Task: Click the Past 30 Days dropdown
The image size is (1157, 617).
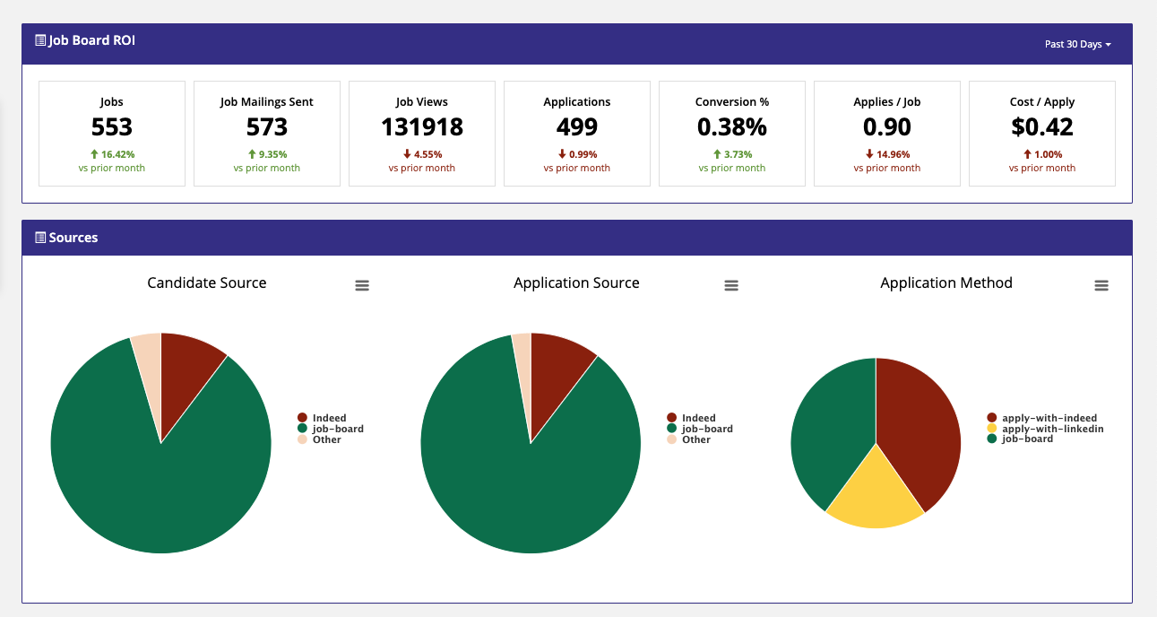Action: [1077, 45]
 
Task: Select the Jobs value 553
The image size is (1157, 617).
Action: [111, 127]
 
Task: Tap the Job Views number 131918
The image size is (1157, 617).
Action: [422, 127]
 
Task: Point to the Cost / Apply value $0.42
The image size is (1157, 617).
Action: [1041, 127]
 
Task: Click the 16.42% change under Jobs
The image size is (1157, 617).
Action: [113, 154]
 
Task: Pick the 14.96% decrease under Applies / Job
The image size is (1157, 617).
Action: [887, 154]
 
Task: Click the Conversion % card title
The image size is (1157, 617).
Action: [732, 102]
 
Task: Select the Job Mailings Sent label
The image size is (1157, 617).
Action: [266, 102]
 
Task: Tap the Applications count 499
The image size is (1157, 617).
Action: [577, 127]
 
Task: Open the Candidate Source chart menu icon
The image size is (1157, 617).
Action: [362, 285]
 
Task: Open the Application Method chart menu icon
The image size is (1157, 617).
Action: [1101, 285]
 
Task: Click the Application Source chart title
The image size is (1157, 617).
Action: [576, 282]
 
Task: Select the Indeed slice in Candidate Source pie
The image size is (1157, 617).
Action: [186, 372]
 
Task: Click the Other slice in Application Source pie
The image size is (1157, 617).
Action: [523, 361]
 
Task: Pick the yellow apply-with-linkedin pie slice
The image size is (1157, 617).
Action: [875, 496]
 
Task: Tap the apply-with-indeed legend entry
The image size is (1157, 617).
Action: [1042, 418]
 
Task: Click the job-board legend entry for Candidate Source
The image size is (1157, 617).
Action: [331, 429]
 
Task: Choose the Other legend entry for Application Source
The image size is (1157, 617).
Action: [689, 439]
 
